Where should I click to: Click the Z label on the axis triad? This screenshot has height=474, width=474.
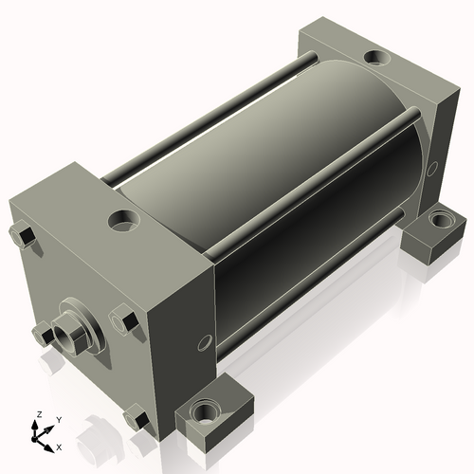tap(40, 414)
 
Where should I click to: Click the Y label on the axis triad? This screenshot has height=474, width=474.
tap(59, 420)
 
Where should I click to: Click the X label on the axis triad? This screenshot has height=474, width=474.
tap(59, 447)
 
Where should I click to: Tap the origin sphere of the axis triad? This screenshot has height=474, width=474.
tap(34, 439)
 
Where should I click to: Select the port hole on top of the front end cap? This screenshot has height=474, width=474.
tap(123, 219)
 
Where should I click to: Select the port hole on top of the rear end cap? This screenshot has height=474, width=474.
tap(377, 57)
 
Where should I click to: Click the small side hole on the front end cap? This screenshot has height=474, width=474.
tap(205, 343)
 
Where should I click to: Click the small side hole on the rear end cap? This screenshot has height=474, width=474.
tap(432, 169)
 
